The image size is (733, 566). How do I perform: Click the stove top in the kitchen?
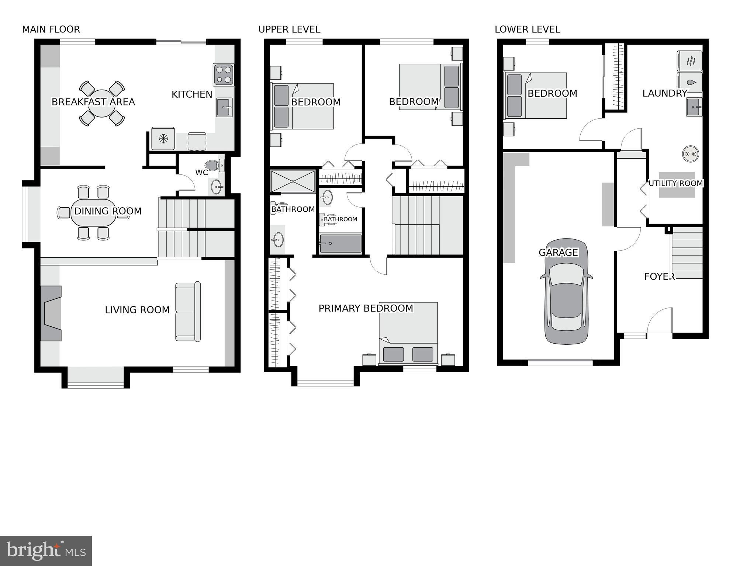tap(224, 74)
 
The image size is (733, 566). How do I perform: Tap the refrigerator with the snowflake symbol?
tap(163, 139)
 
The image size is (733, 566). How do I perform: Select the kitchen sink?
tap(224, 107)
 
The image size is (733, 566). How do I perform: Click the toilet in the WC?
tap(215, 165)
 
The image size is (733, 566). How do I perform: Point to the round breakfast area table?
tap(101, 103)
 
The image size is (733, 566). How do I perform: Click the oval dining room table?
tap(93, 213)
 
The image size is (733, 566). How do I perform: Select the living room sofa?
tap(188, 312)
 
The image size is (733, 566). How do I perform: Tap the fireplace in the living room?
tap(51, 313)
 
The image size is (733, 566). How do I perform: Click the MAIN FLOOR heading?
tap(51, 29)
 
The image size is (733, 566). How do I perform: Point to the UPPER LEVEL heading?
tap(289, 29)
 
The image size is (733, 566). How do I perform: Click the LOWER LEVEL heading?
tap(527, 29)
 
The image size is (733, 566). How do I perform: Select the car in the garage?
tap(566, 291)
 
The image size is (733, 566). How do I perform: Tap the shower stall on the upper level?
tap(293, 181)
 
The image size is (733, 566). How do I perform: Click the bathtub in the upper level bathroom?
tap(340, 243)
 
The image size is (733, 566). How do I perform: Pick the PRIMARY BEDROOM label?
tap(366, 308)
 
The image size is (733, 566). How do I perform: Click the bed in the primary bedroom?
tap(408, 333)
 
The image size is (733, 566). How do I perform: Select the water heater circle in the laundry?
tap(690, 154)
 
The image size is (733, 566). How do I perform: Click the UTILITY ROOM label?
tap(675, 183)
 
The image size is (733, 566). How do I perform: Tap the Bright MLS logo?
tap(46, 551)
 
